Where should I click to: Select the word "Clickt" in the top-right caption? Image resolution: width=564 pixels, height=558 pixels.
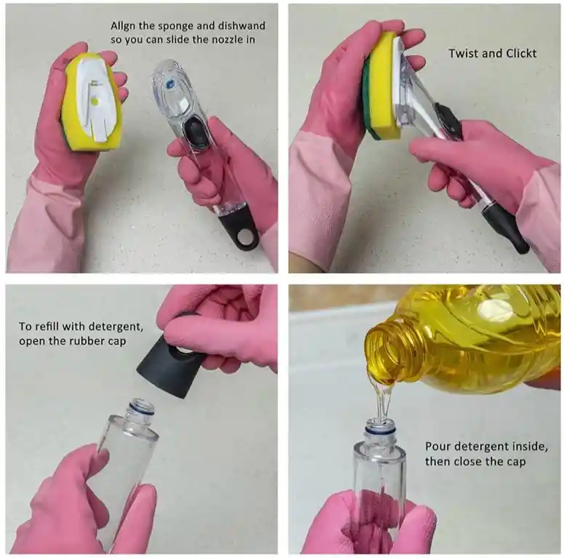pyautogui.click(x=521, y=53)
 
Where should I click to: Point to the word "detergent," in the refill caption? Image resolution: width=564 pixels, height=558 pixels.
pyautogui.click(x=116, y=327)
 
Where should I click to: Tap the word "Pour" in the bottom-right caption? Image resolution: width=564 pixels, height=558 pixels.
pyautogui.click(x=437, y=447)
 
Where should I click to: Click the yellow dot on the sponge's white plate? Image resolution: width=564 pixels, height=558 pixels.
pyautogui.click(x=95, y=102)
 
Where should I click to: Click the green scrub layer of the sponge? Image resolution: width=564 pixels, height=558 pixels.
pyautogui.click(x=368, y=97)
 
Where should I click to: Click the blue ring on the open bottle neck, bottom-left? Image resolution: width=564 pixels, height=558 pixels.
pyautogui.click(x=143, y=410)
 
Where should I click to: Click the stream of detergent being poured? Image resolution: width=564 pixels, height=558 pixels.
pyautogui.click(x=383, y=399)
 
